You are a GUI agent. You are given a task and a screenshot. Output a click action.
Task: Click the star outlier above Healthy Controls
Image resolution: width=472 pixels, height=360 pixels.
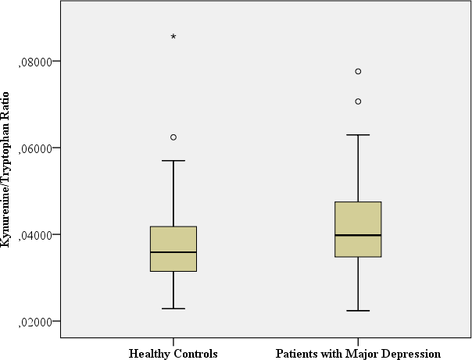click(x=173, y=37)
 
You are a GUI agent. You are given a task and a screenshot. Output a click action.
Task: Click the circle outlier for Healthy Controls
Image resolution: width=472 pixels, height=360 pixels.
click(x=173, y=137)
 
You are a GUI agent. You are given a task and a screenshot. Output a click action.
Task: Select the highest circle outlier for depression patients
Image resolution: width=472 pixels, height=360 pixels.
click(x=358, y=71)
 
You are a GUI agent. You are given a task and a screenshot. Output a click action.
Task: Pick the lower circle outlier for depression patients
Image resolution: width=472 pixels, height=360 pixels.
click(x=358, y=102)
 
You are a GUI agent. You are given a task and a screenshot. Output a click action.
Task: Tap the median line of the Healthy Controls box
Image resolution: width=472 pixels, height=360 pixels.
click(x=173, y=252)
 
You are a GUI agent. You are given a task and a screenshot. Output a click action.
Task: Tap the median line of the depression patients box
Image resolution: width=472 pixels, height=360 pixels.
click(x=358, y=235)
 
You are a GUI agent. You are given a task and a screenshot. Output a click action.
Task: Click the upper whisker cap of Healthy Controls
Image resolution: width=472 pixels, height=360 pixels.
click(x=173, y=161)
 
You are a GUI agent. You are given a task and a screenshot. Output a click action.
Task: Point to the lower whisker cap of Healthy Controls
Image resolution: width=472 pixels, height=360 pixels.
click(x=173, y=308)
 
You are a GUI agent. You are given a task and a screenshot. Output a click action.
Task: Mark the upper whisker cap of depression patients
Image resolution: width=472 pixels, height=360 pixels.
click(x=358, y=135)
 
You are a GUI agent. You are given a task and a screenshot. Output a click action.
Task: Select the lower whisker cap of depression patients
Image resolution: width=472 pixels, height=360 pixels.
click(x=358, y=311)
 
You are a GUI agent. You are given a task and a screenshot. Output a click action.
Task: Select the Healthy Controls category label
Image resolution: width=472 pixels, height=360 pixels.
click(x=173, y=354)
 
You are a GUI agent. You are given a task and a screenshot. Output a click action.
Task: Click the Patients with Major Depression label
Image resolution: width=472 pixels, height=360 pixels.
click(x=358, y=354)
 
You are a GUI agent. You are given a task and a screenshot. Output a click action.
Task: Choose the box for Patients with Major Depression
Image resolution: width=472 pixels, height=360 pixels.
click(x=358, y=219)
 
